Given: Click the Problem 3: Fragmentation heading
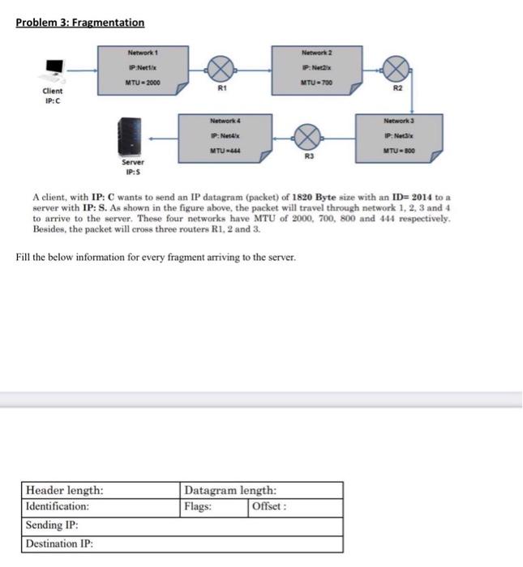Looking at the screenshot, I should (x=80, y=23).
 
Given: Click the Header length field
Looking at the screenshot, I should (x=101, y=490).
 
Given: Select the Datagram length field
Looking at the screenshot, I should (x=261, y=490).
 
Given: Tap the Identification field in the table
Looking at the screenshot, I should (x=101, y=507).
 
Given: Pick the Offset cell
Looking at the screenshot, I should (x=295, y=507).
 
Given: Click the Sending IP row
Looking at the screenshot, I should (x=182, y=526).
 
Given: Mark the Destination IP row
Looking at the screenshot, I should (x=182, y=544).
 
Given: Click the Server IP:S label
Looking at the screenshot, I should (x=132, y=167).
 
